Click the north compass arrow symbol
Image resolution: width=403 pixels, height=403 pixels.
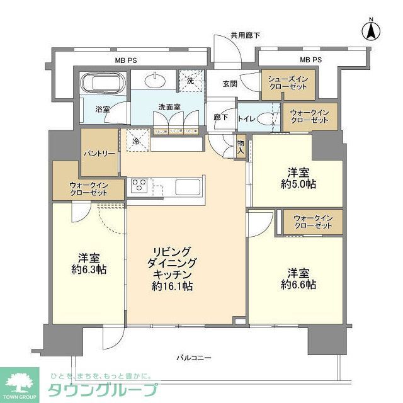tap(372, 30)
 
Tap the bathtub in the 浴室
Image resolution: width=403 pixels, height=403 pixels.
tap(104, 84)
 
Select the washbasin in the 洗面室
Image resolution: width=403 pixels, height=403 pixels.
tap(154, 81)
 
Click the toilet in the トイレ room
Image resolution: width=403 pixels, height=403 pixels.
tap(268, 118)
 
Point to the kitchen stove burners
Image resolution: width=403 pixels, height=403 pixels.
tap(139, 186)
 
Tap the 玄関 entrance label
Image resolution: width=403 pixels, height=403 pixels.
tap(229, 84)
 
